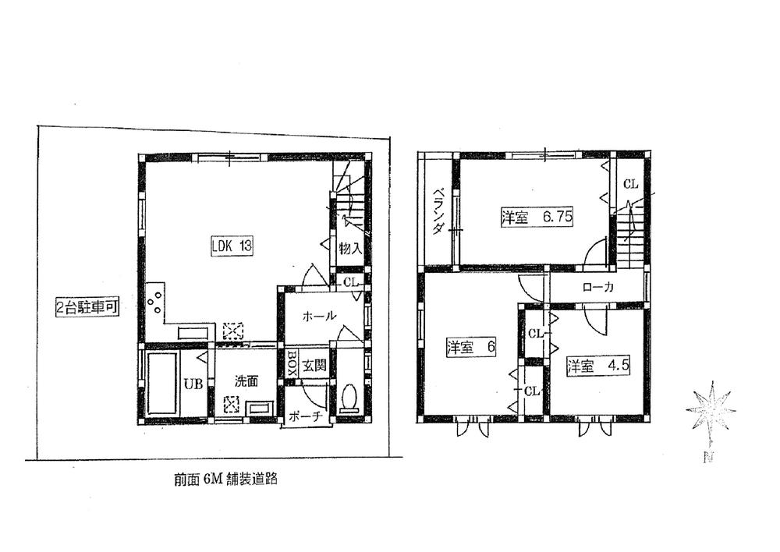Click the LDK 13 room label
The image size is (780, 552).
231,246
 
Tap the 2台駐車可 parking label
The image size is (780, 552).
87,307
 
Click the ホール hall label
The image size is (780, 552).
319,317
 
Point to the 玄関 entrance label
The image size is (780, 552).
316,364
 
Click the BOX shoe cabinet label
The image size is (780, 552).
290,363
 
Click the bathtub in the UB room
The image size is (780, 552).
161,384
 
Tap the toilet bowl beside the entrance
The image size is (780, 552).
349,398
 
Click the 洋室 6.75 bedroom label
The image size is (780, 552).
537,218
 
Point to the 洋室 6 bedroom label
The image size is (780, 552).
471,347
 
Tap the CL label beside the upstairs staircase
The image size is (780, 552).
630,185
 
